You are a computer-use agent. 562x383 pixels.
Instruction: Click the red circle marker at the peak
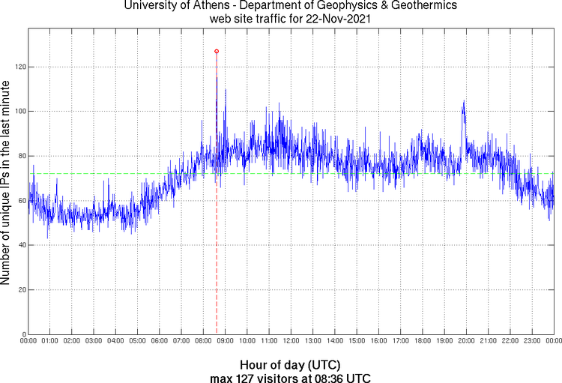point(217,51)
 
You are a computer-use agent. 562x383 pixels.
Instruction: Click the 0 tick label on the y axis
point(23,334)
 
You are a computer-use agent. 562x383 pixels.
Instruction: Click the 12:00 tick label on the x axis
point(291,341)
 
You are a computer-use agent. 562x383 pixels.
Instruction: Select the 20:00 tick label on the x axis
point(466,341)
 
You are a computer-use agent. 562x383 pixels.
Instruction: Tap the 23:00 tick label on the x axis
point(531,341)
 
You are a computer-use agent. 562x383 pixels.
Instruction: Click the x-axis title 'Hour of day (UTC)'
point(291,364)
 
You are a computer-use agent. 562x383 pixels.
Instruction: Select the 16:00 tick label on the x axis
point(378,341)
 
